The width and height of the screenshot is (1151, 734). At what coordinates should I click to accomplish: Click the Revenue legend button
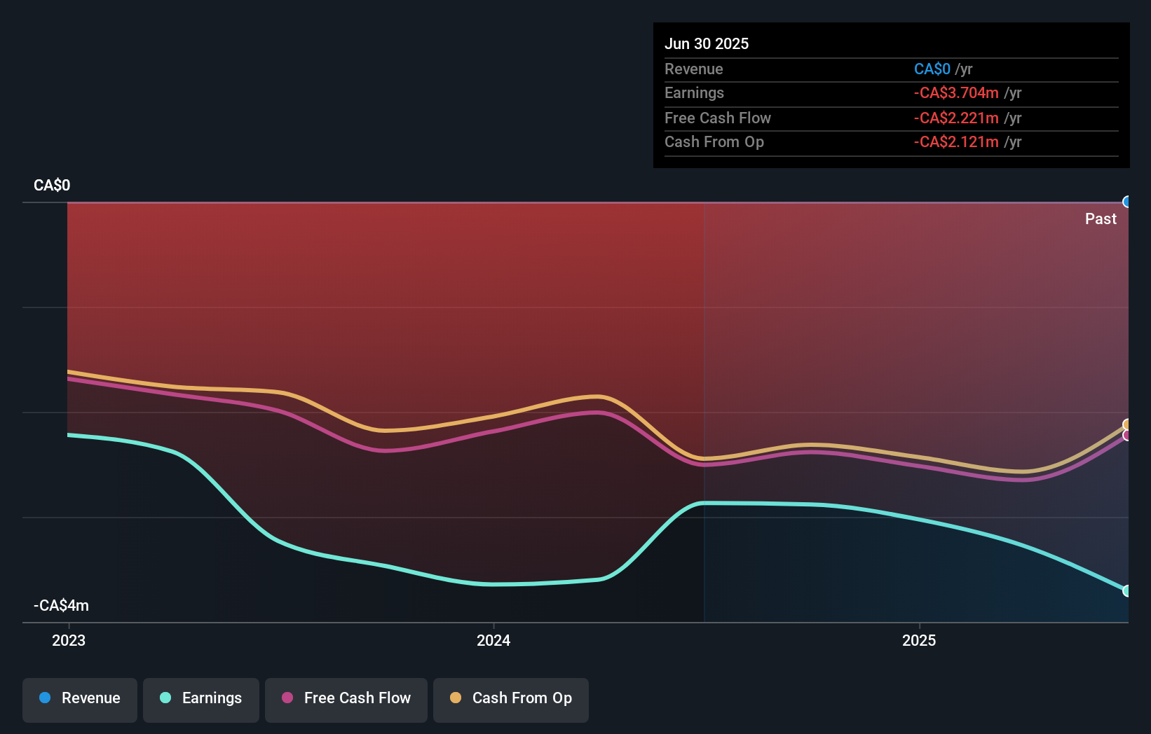[x=80, y=699]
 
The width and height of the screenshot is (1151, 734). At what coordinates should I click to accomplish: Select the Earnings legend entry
[x=201, y=699]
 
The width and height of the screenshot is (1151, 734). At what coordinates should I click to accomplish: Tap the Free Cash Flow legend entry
[x=346, y=699]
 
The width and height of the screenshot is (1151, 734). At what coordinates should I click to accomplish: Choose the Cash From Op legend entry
[x=511, y=699]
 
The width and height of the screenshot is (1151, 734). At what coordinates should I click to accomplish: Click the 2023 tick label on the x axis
[x=69, y=640]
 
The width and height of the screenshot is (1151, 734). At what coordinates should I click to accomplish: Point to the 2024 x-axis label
[x=493, y=640]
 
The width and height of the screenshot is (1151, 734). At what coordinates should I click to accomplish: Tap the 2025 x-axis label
[x=919, y=640]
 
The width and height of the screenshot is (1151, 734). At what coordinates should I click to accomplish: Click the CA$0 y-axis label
[x=52, y=185]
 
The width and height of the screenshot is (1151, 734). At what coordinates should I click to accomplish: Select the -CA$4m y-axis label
[x=62, y=605]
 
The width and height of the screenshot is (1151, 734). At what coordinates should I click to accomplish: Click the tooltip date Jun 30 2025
[x=707, y=43]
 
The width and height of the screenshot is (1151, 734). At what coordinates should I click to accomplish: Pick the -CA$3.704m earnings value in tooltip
[x=956, y=93]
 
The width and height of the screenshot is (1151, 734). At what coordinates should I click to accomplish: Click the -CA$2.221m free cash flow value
[x=956, y=118]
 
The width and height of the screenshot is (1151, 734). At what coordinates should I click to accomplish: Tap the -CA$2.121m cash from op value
[x=956, y=142]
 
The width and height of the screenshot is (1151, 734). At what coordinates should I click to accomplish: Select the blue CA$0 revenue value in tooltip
[x=932, y=69]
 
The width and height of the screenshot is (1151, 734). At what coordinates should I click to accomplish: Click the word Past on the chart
[x=1101, y=219]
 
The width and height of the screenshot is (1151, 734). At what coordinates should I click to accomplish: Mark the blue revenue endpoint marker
[x=1126, y=202]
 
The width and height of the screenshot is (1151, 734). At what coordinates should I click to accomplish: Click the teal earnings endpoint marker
[x=1126, y=590]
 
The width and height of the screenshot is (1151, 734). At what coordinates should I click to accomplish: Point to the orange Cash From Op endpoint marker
[x=1126, y=424]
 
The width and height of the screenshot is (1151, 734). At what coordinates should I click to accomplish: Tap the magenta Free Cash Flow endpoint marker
[x=1126, y=436]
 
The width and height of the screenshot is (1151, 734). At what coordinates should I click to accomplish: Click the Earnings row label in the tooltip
[x=694, y=93]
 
